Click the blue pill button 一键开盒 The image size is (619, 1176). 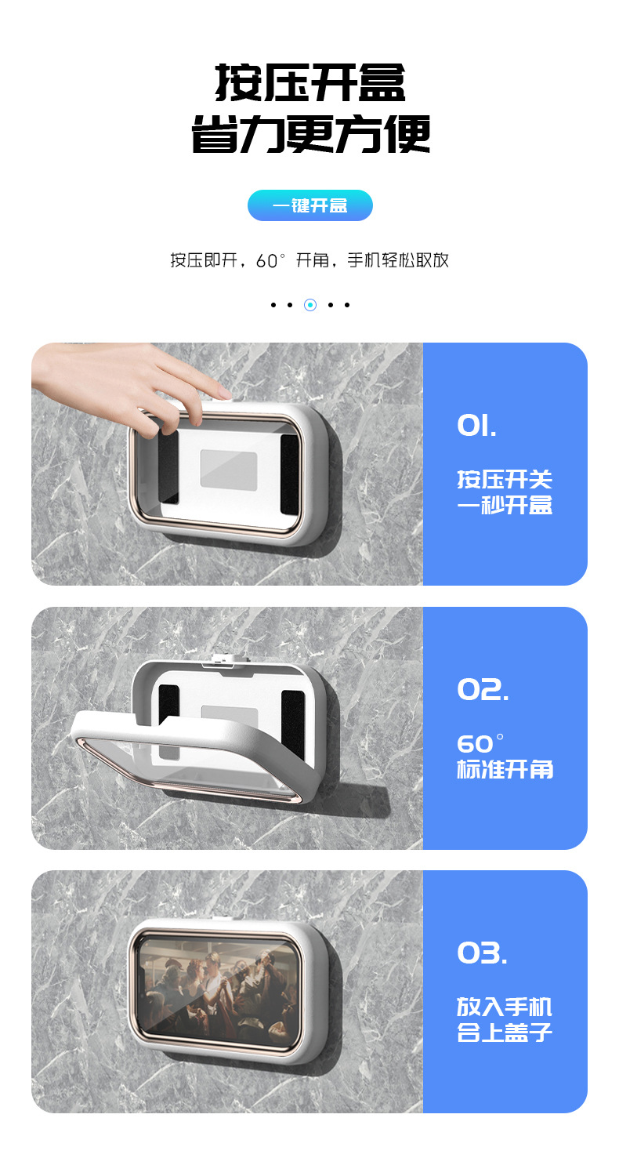coord(310,205)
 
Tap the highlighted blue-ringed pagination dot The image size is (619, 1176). coord(310,304)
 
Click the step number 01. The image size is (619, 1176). coord(476,425)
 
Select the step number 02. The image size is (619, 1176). coord(483,689)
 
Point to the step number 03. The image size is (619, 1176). coord(482,953)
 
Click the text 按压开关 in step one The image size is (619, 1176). coord(505,479)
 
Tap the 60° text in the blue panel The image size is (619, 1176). coord(480,743)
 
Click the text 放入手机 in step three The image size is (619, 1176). coord(505,1007)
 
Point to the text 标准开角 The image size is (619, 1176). coord(505,770)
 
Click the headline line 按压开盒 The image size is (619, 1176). coord(310,82)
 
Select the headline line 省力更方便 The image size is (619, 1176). coord(310,134)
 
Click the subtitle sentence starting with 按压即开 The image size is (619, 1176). coord(309,260)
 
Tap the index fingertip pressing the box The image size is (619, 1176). coord(225,393)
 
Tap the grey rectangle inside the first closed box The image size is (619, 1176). coord(229,470)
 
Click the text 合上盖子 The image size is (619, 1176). coord(505,1033)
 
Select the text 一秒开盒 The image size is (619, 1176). coord(505,505)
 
